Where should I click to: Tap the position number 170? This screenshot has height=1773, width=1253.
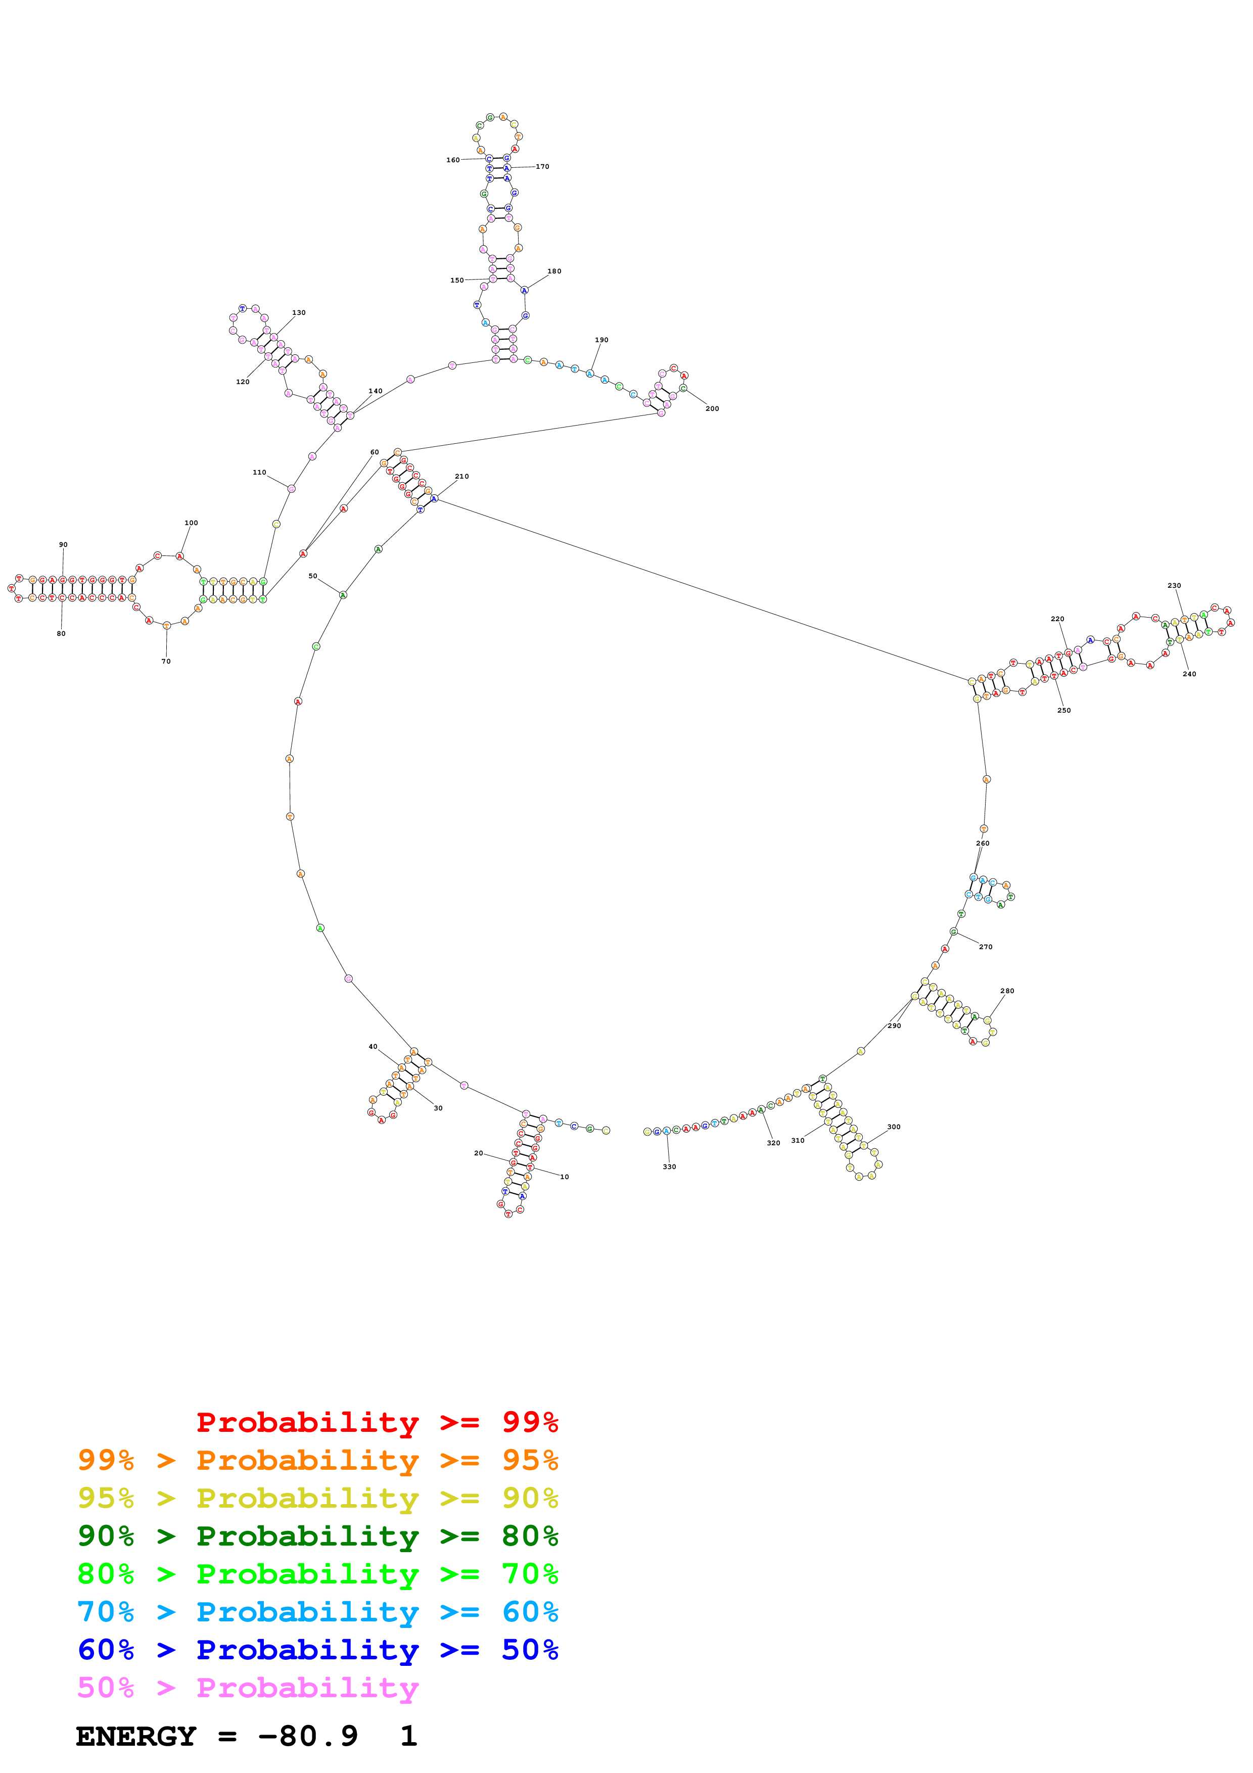[543, 167]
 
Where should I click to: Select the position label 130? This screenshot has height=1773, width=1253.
[299, 313]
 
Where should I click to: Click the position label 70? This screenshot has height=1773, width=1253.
[166, 661]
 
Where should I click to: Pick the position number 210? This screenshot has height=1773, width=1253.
[461, 477]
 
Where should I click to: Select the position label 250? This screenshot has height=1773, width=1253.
[1064, 711]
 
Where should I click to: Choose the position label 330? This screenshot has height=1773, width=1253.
[669, 1167]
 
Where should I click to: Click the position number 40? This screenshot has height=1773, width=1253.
[373, 1047]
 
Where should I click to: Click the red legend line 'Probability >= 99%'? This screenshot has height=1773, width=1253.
[377, 1422]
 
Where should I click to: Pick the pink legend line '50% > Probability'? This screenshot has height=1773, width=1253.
[247, 1688]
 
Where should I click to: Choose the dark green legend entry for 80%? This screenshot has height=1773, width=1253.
[318, 1536]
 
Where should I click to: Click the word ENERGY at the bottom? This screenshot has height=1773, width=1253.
[136, 1737]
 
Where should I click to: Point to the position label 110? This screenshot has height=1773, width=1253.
[259, 473]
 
